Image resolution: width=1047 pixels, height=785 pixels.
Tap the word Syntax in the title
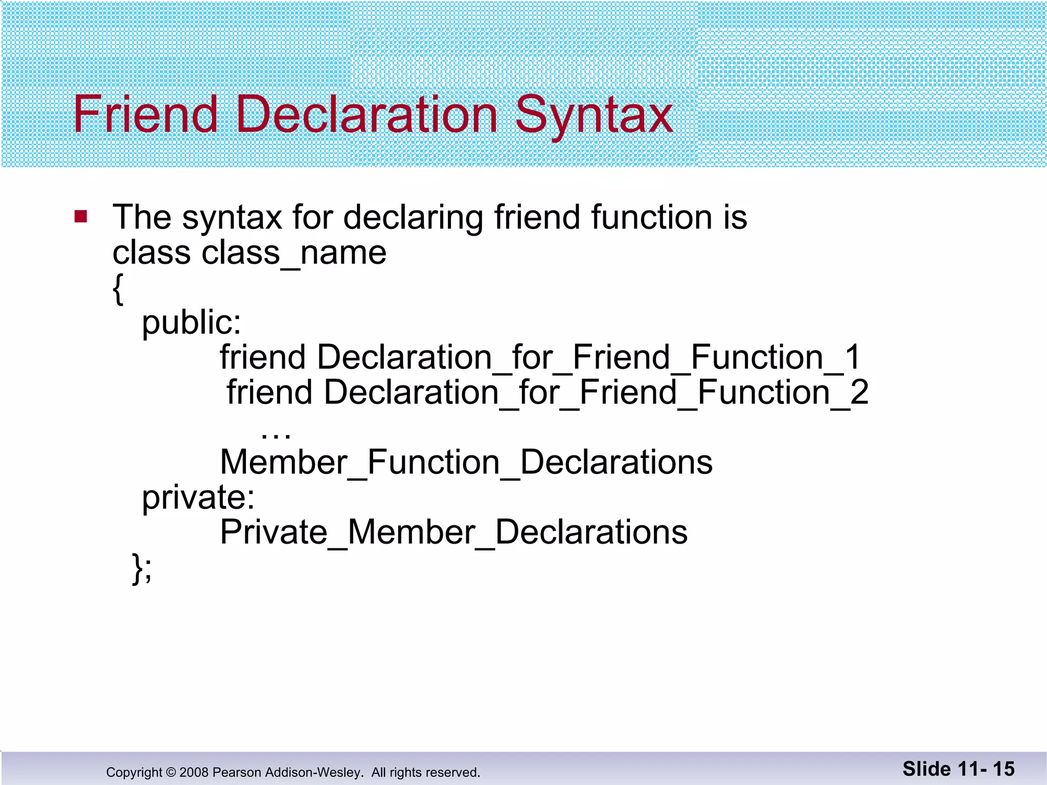(x=594, y=117)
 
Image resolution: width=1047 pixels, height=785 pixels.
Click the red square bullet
(x=81, y=217)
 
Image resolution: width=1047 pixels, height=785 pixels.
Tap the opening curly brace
(x=118, y=289)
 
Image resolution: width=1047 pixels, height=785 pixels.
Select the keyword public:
(x=191, y=324)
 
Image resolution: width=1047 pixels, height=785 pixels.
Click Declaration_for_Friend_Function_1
(x=589, y=357)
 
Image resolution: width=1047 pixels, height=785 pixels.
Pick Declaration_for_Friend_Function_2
(x=596, y=392)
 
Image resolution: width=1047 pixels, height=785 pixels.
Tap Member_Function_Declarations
(x=466, y=463)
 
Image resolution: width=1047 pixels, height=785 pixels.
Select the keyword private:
(x=198, y=497)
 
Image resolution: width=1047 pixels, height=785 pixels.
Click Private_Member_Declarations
(x=453, y=533)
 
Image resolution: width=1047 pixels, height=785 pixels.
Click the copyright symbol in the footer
(x=171, y=772)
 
